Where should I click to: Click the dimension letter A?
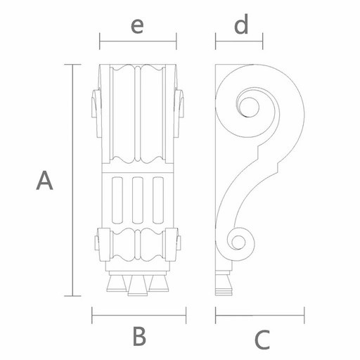click(44, 180)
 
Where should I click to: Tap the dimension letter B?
click(139, 336)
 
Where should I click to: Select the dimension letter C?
click(262, 340)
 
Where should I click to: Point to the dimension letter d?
click(241, 24)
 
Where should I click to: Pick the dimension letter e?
click(137, 26)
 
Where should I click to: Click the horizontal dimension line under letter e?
click(138, 41)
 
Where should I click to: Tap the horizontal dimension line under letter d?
click(239, 41)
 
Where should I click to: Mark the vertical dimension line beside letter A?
click(72, 180)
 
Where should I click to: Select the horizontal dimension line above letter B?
click(139, 315)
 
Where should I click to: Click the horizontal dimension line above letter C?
click(259, 315)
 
